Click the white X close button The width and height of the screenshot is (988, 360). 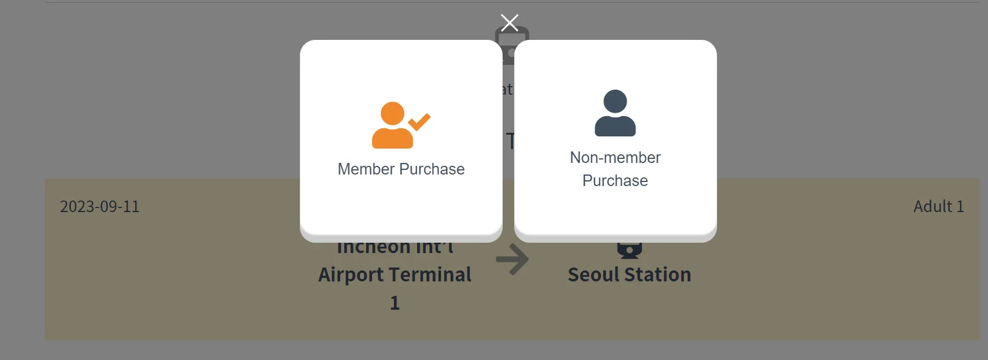[x=509, y=23]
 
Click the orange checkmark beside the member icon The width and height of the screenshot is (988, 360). [x=419, y=122]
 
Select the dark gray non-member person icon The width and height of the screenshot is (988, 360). [x=615, y=114]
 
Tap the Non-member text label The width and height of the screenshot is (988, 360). [x=615, y=158]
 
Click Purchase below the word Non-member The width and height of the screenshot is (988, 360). [x=615, y=181]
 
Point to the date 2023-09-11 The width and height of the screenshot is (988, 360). [x=100, y=207]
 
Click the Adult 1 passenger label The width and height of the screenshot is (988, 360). [x=938, y=207]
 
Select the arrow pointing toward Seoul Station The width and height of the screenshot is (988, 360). [x=512, y=259]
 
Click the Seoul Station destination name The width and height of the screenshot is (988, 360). [x=629, y=274]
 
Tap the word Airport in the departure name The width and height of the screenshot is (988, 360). [x=352, y=274]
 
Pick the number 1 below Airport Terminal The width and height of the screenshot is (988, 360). [x=395, y=303]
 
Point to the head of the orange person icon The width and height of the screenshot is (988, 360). [x=392, y=113]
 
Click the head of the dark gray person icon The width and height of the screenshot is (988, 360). [x=615, y=101]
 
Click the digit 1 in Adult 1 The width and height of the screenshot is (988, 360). [x=960, y=207]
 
